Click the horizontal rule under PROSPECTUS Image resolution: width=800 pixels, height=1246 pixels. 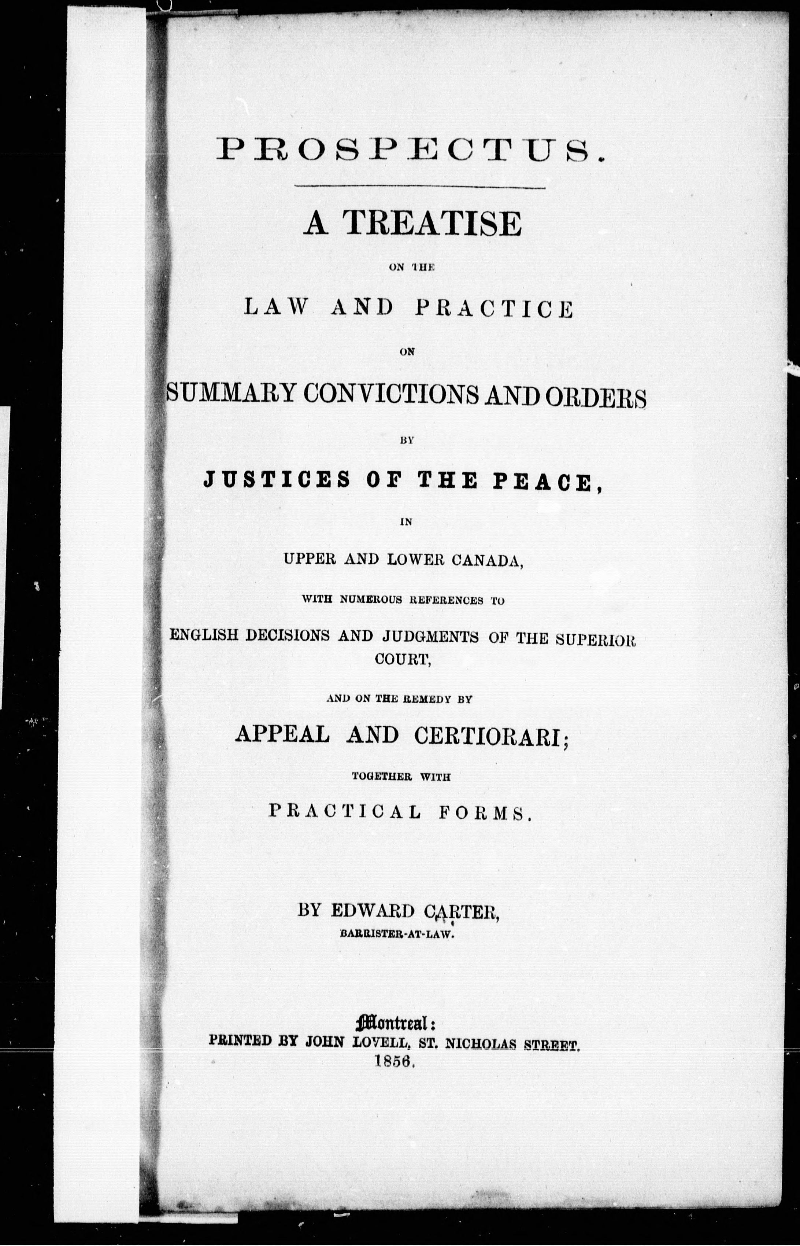420,187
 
